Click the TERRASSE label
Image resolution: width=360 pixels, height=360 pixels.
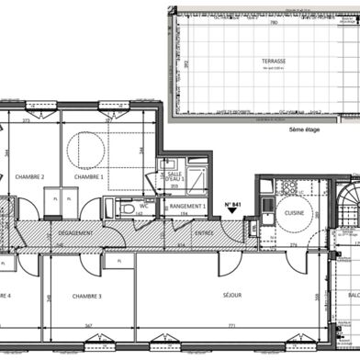(x=273, y=61)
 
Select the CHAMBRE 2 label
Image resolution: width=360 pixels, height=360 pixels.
(x=30, y=176)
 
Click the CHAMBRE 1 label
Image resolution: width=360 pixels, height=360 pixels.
(x=88, y=176)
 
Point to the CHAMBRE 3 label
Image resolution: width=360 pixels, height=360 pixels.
(x=87, y=296)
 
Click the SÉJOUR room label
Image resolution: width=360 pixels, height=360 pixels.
(x=232, y=295)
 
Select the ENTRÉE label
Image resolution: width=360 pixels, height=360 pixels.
(x=203, y=233)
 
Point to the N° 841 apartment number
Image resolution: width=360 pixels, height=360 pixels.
(x=233, y=205)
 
